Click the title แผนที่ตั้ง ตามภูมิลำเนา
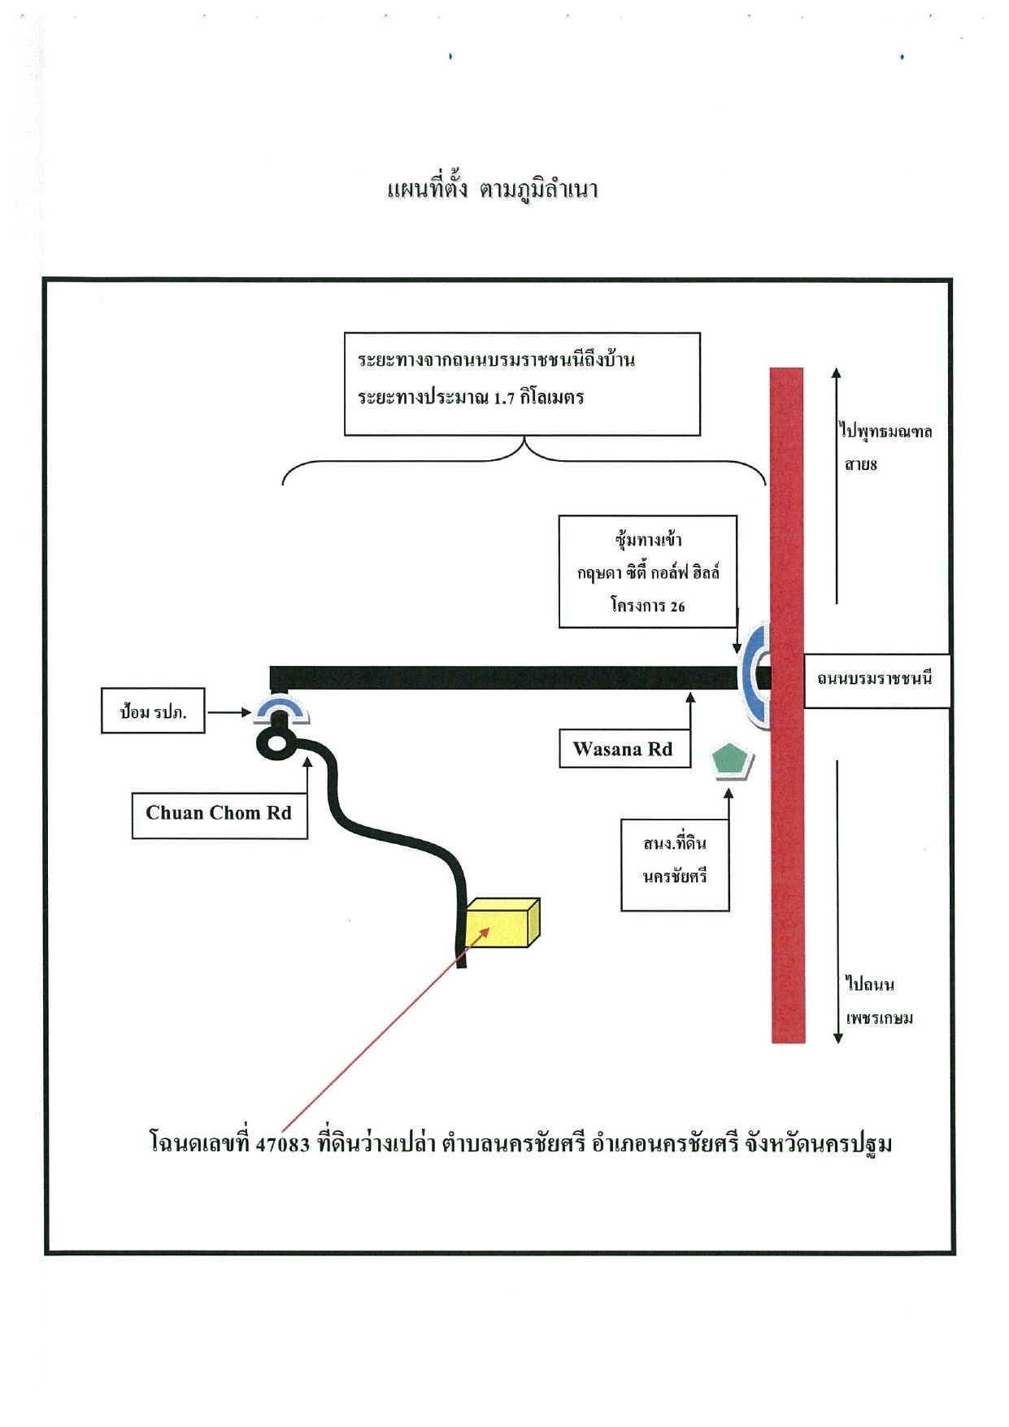click(493, 190)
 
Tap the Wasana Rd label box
click(624, 749)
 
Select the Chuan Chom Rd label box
click(220, 813)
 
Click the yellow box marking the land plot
click(503, 923)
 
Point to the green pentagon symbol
click(732, 761)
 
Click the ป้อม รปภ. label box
click(153, 712)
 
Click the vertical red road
click(787, 705)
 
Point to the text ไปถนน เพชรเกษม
click(879, 1001)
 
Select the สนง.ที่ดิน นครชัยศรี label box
click(675, 864)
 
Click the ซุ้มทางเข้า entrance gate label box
click(648, 572)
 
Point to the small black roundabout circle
click(276, 742)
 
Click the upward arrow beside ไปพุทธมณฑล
click(836, 486)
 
